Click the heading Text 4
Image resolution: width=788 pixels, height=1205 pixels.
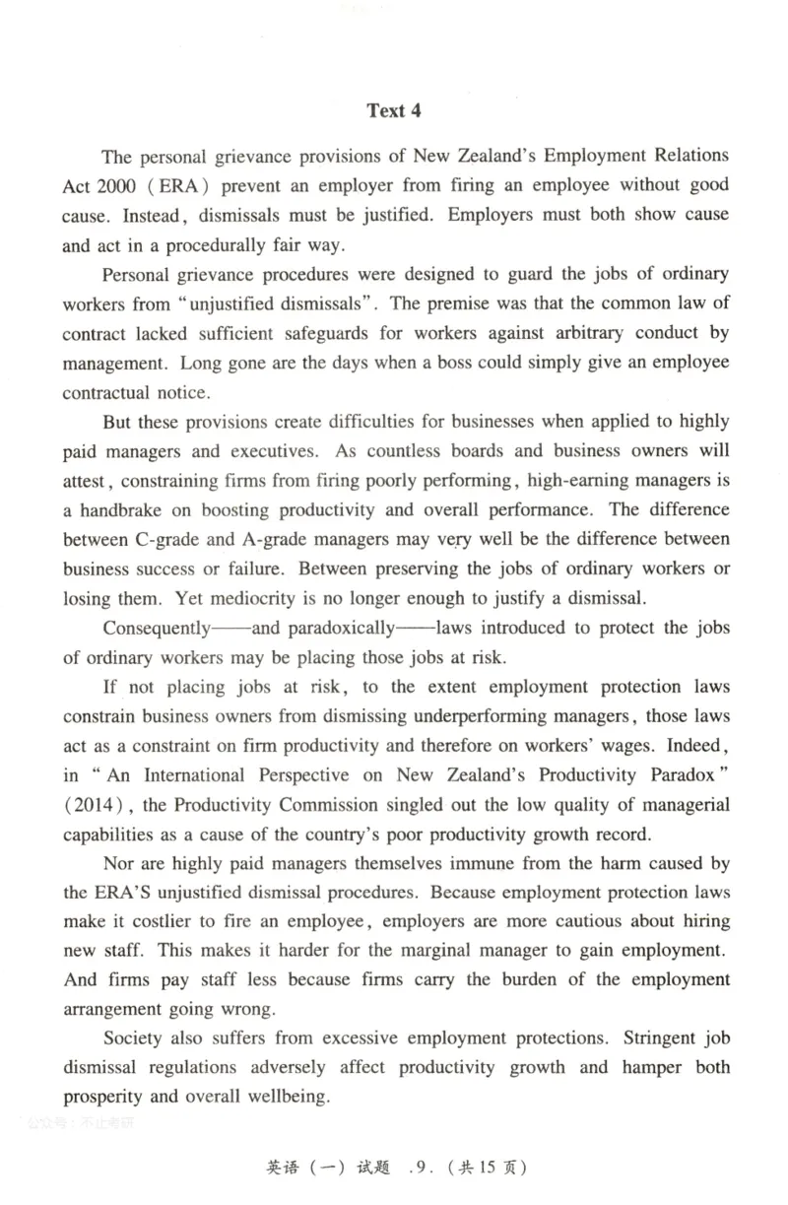pos(393,110)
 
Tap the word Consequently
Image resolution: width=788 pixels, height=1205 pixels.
pos(157,629)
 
